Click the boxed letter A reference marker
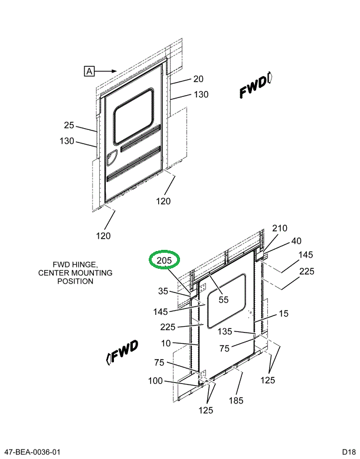click(x=89, y=71)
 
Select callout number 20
click(x=198, y=79)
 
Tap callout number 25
click(x=69, y=125)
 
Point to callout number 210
click(x=279, y=229)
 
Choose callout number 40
click(x=296, y=241)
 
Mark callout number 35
click(x=163, y=291)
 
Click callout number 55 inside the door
click(x=223, y=300)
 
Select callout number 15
click(x=284, y=314)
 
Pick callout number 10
click(x=166, y=343)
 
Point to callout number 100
click(x=155, y=381)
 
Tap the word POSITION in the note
click(x=75, y=281)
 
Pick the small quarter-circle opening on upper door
click(x=111, y=158)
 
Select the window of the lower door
click(x=225, y=301)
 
